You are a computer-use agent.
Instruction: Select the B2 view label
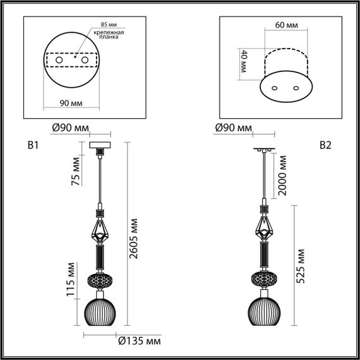click(325, 146)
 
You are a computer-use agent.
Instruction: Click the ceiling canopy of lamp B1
click(99, 147)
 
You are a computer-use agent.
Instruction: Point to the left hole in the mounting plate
click(59, 59)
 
